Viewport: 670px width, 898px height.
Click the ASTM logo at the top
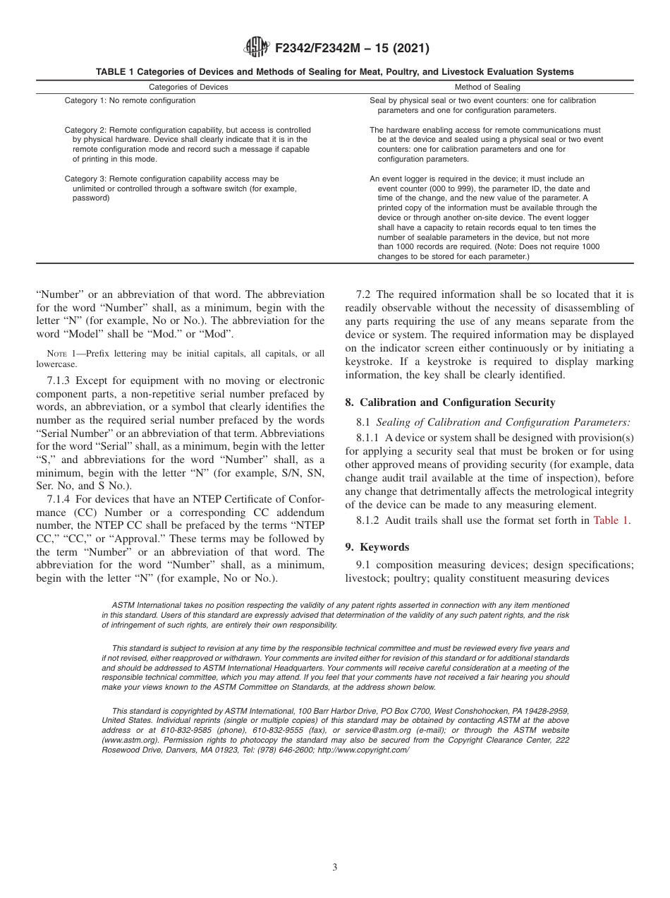(256, 48)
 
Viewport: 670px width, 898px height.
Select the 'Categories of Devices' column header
(188, 88)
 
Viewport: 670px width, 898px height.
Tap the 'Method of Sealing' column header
(487, 88)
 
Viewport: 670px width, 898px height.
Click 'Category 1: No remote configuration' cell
(130, 101)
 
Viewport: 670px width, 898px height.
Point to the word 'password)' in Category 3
(90, 198)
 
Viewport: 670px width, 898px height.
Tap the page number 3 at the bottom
(335, 868)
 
